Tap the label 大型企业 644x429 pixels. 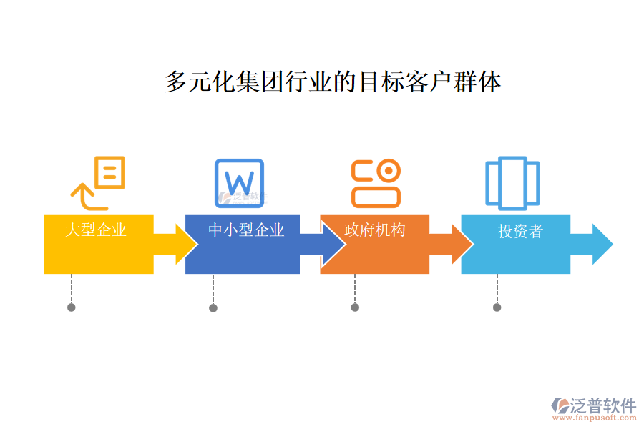(96, 230)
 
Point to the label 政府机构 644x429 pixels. (375, 230)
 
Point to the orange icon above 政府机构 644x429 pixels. (376, 183)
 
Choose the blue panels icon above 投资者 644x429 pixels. (512, 183)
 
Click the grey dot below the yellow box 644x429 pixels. (71, 307)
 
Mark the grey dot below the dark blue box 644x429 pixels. (213, 308)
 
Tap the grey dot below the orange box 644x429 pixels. (355, 307)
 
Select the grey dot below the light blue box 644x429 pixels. (497, 307)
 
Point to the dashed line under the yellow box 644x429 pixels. (71, 288)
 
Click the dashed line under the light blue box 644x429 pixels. (497, 288)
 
